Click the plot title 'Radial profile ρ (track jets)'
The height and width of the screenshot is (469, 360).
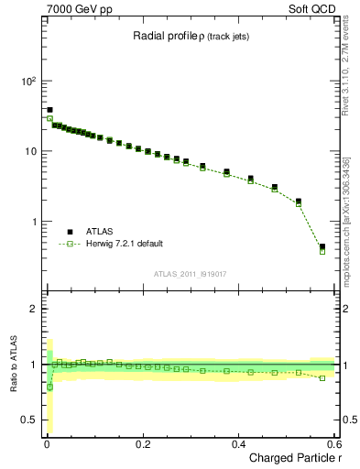(x=190, y=37)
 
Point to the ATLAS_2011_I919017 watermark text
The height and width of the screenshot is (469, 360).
(x=190, y=274)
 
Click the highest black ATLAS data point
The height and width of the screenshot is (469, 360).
(x=49, y=110)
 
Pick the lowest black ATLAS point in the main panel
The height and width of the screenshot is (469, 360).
(x=322, y=246)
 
